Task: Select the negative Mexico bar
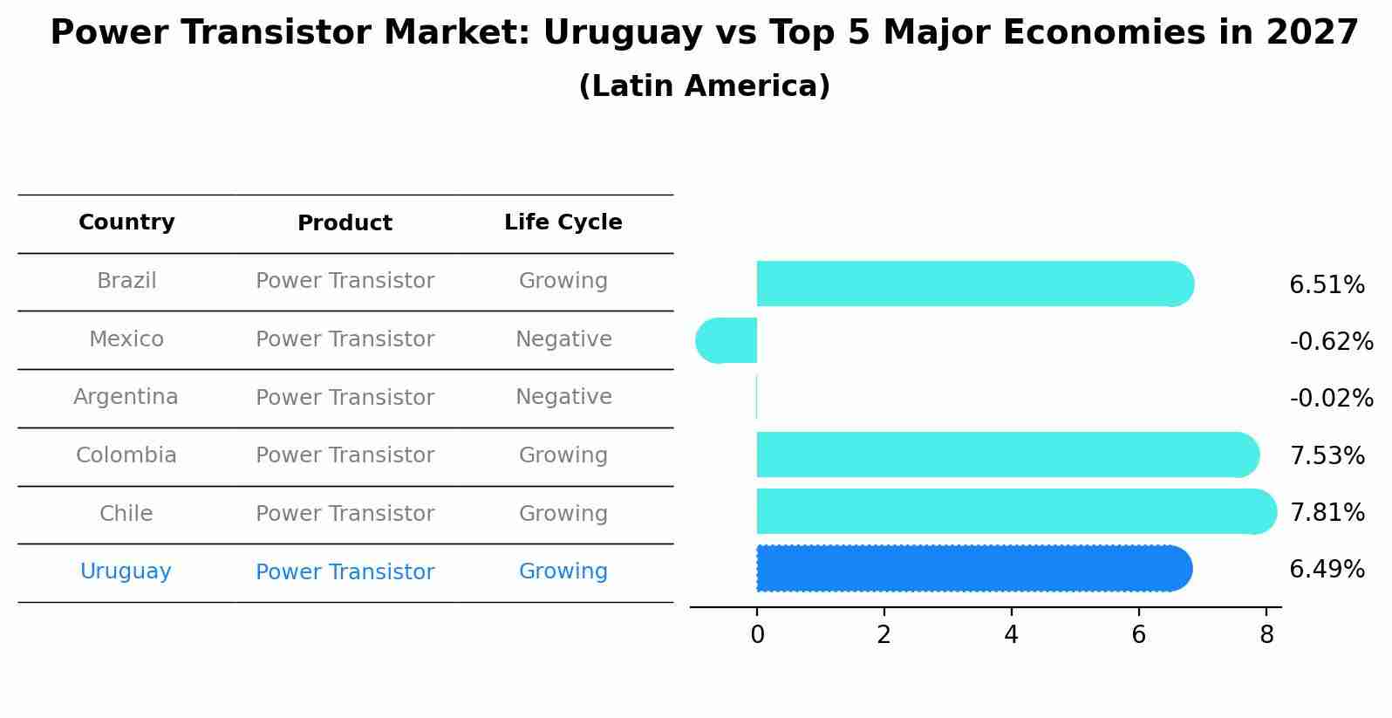click(727, 340)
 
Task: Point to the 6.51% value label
click(1327, 285)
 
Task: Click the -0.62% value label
click(1331, 342)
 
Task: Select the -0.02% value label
click(1331, 399)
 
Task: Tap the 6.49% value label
click(1327, 570)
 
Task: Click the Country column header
click(126, 222)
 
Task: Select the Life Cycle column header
click(563, 222)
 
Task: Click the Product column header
click(345, 223)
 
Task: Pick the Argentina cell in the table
click(126, 397)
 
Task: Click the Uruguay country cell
click(126, 571)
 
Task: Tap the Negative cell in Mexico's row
click(563, 339)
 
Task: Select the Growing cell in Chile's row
click(563, 514)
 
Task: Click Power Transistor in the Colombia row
click(345, 455)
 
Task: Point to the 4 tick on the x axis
click(1011, 635)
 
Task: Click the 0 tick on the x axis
click(757, 635)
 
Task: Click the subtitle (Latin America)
click(704, 86)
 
